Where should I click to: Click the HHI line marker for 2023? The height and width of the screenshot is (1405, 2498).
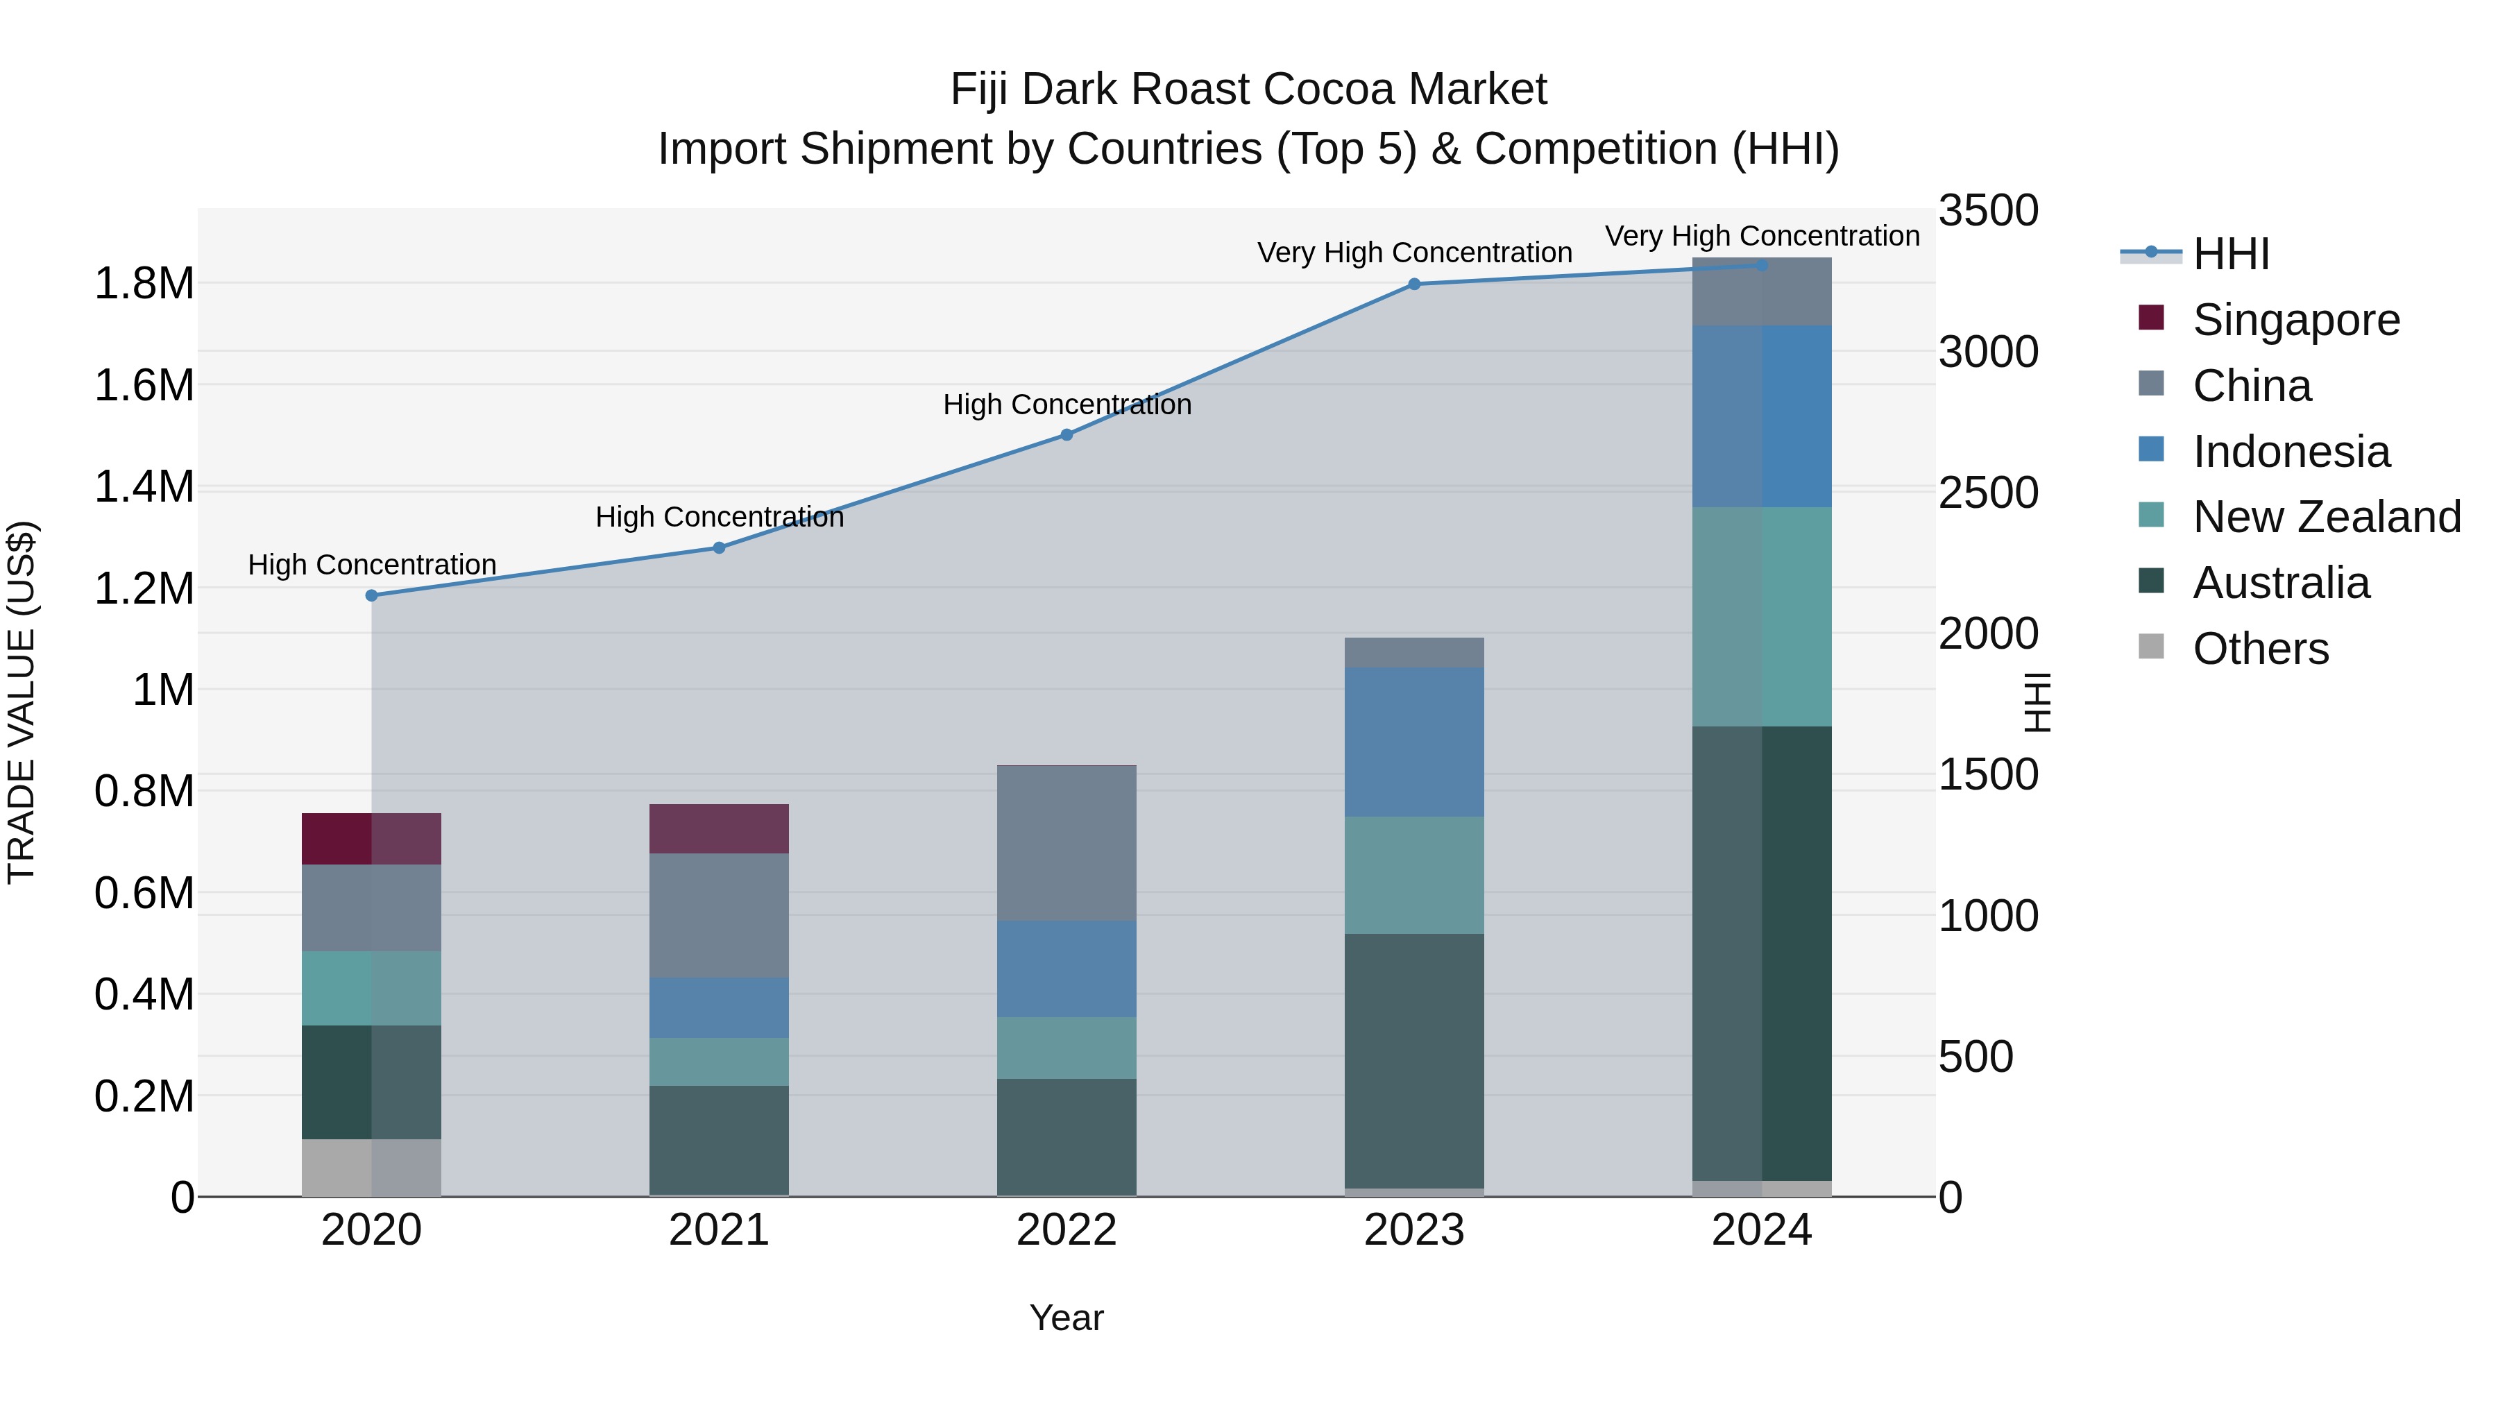(1414, 284)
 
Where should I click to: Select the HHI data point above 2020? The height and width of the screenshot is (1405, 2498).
(371, 595)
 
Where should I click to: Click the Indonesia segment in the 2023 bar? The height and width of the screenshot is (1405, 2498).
(1414, 742)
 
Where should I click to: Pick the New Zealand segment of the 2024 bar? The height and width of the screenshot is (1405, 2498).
(1762, 617)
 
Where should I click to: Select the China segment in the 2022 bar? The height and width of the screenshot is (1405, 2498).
(1067, 844)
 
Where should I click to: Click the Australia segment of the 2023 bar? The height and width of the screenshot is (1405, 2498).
(1414, 1061)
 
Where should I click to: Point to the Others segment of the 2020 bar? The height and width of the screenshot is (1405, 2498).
(371, 1168)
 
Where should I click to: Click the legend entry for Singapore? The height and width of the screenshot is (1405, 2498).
(2295, 320)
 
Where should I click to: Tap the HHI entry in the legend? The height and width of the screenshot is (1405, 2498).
(2230, 254)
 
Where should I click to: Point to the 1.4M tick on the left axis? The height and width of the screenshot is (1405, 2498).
(144, 487)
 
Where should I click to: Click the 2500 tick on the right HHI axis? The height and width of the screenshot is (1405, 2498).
(1988, 493)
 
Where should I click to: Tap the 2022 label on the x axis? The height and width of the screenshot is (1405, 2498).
(1067, 1230)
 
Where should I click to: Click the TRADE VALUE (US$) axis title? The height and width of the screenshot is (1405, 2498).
(22, 703)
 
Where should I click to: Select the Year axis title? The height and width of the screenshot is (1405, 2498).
(1067, 1318)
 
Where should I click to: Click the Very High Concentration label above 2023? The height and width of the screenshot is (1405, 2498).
(1414, 253)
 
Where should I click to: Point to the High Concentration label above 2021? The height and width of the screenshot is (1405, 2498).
(719, 518)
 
